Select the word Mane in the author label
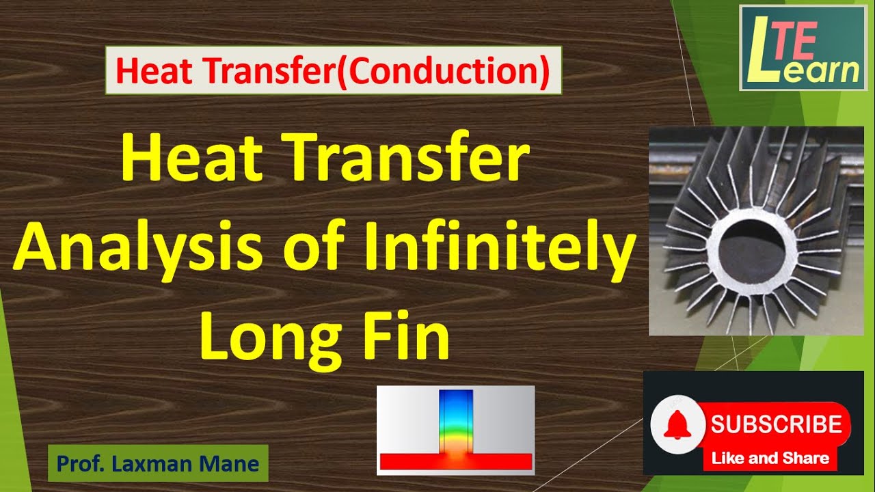[230, 464]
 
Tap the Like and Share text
[770, 459]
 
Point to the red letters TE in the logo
[796, 42]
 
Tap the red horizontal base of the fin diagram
[455, 461]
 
